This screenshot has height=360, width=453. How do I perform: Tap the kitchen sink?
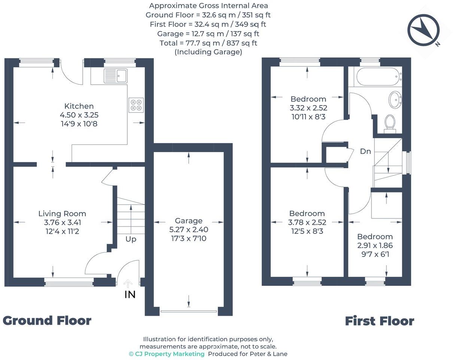coord(116,76)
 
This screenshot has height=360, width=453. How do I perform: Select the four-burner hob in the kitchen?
coord(136,105)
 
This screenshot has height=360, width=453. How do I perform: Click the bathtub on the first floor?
coord(379,76)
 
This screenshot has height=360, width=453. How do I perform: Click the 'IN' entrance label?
coord(130,295)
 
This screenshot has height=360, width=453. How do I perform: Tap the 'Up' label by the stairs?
coord(131,239)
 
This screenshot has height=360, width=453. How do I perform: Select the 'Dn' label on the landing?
coord(365,151)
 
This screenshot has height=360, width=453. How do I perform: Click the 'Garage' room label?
coord(189,221)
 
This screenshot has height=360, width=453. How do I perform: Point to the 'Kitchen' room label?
coord(79,106)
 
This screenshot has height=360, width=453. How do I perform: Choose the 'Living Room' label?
coord(62,214)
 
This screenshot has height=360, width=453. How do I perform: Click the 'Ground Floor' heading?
coord(47,321)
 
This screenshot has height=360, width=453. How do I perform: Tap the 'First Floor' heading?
coord(379,321)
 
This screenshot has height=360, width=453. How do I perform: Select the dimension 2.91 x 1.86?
coord(375,246)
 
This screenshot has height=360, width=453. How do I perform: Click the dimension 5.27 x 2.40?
coord(189,230)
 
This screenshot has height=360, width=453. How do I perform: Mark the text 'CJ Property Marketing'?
coord(167,354)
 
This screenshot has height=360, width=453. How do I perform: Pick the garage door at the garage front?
coord(189,311)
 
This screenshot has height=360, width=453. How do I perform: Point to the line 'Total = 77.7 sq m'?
coord(208,43)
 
